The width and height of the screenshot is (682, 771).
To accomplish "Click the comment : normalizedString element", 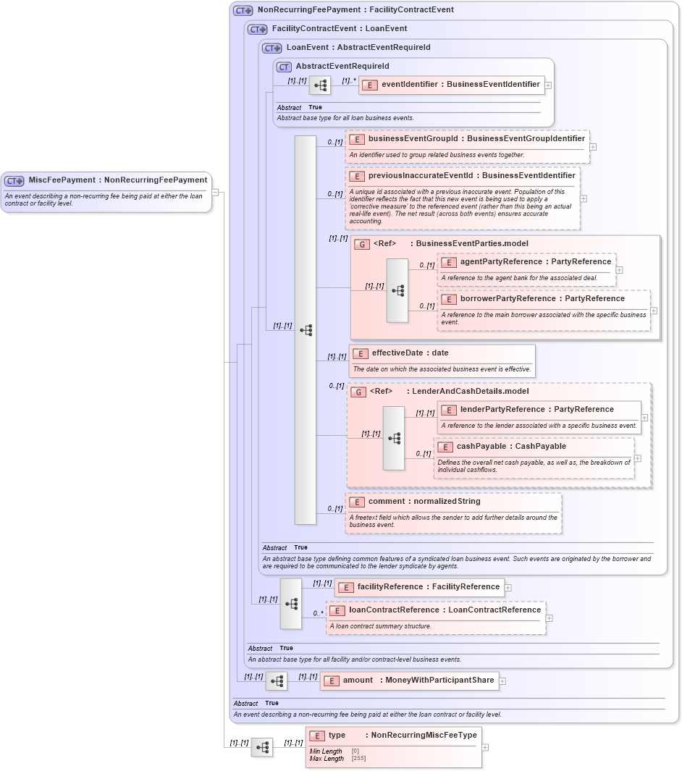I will click(424, 502).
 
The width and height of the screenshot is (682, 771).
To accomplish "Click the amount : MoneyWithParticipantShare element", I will click(418, 681).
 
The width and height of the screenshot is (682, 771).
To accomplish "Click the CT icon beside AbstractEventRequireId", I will click(284, 67).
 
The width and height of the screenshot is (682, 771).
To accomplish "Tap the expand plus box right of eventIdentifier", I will click(548, 85).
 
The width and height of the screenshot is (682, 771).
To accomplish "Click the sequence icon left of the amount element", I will click(277, 681).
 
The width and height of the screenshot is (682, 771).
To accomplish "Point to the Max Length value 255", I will click(355, 759).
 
